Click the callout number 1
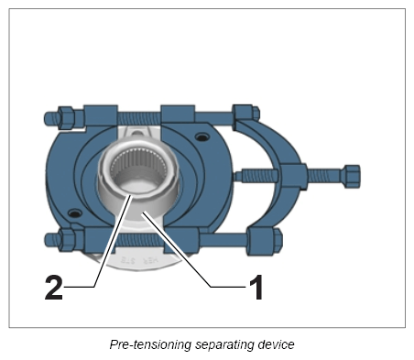point(256,287)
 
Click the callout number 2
point(54,288)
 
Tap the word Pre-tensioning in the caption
point(150,344)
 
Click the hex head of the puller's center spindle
point(352,177)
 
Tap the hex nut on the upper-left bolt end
point(65,117)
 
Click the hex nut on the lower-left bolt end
point(66,240)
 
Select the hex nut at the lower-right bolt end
point(277,241)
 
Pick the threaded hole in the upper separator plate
point(202,136)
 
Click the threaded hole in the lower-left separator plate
point(74,213)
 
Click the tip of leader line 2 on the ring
point(131,196)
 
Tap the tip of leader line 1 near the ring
point(142,213)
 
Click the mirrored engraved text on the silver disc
point(140,260)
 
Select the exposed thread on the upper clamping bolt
point(139,117)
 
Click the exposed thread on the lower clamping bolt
point(139,240)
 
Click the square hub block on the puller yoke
point(293,176)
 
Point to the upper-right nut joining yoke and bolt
point(245,114)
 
